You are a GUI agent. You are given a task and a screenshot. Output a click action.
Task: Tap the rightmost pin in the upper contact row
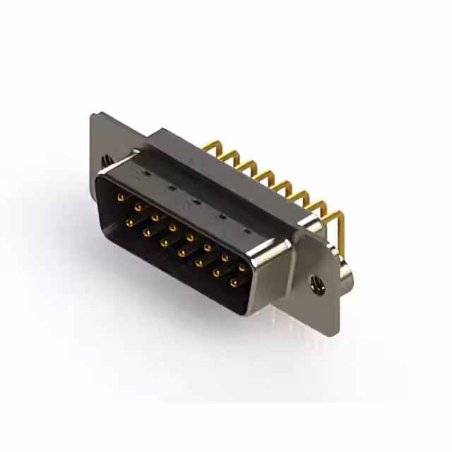click(242, 268)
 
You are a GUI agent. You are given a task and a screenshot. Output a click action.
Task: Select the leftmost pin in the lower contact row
click(130, 223)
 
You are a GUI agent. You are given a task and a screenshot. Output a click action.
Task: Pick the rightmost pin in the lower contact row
click(234, 284)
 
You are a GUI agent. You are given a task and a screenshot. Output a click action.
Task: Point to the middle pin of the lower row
click(181, 253)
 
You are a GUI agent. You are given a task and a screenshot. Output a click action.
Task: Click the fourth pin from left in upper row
click(173, 227)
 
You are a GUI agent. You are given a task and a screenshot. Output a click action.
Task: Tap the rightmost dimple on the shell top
click(248, 231)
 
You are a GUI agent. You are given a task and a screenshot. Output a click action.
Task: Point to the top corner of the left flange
click(93, 115)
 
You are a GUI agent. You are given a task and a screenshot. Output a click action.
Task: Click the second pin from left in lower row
click(147, 233)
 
